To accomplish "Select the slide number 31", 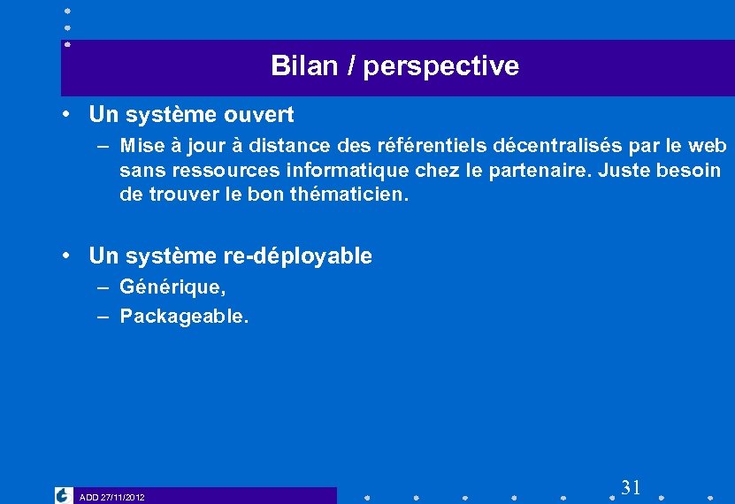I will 631,487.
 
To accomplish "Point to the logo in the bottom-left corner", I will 64,495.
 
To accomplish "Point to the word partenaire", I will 545,170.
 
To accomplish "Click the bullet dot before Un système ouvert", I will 67,114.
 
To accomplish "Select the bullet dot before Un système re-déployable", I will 67,256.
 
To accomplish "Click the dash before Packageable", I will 103,316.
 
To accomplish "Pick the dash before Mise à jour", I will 103,145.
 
